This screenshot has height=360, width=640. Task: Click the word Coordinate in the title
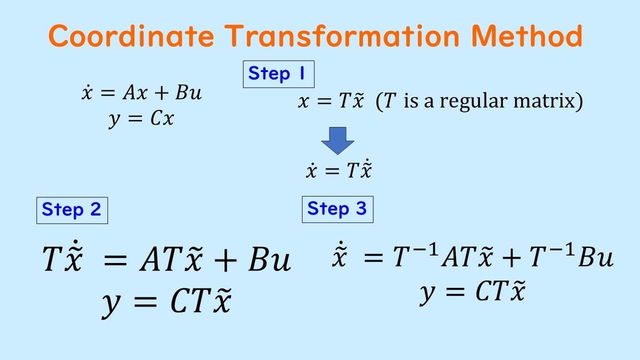(x=131, y=36)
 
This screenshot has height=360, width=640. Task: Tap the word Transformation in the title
(x=342, y=36)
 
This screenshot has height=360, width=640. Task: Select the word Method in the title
(x=526, y=36)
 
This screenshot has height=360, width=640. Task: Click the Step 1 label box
(x=278, y=74)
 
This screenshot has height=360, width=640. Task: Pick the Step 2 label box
(x=72, y=210)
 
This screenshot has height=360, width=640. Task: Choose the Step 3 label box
(x=338, y=210)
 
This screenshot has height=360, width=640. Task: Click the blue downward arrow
(x=338, y=141)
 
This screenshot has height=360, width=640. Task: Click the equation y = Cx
(x=141, y=119)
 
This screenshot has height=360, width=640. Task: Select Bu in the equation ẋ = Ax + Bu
(x=188, y=93)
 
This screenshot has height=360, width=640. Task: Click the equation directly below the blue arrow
(x=339, y=169)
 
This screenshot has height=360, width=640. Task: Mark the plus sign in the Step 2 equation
(x=226, y=260)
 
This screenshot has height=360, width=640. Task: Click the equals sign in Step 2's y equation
(x=146, y=302)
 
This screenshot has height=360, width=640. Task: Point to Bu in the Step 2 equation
(x=269, y=259)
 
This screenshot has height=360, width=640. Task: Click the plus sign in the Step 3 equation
(x=511, y=258)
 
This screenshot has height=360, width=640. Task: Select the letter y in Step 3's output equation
(x=428, y=294)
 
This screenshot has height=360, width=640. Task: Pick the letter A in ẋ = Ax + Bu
(x=129, y=93)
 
